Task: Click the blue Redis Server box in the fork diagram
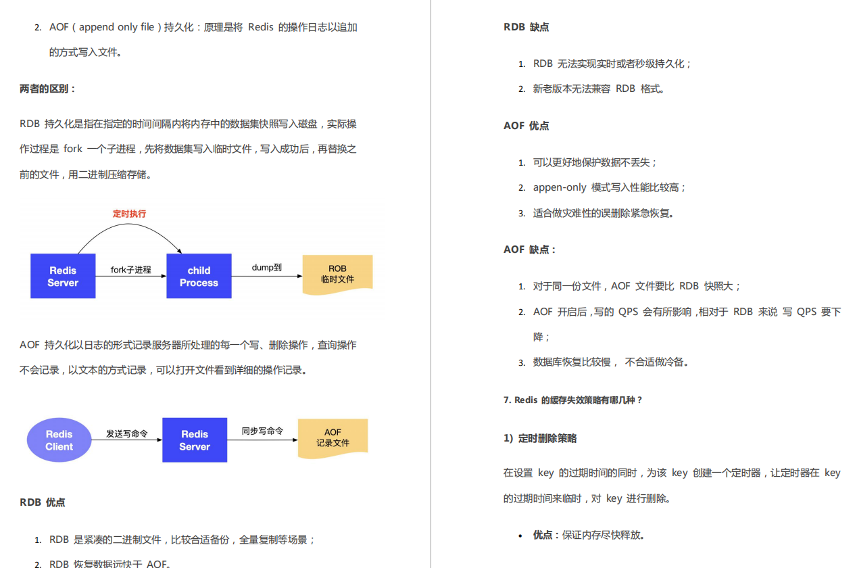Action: coord(63,276)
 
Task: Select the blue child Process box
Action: coord(199,276)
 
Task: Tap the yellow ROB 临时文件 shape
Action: coord(337,274)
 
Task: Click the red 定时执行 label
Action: coord(129,214)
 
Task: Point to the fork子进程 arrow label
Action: coord(131,270)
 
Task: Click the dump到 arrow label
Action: coord(266,268)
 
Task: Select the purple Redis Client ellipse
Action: coord(59,440)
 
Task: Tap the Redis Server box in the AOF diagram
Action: coord(195,440)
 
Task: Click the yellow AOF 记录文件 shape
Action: coord(333,437)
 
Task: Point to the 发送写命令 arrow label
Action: coord(126,433)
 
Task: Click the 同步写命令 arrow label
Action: coord(262,431)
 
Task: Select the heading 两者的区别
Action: coord(48,89)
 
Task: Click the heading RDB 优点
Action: coord(43,502)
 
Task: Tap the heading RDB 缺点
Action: coord(526,27)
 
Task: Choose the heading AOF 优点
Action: coord(526,126)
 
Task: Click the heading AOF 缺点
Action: coord(529,250)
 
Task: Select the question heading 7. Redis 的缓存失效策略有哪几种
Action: coord(572,400)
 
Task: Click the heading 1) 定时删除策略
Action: coord(539,438)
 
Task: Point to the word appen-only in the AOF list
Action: coord(559,187)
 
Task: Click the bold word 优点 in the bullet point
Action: coord(542,535)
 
